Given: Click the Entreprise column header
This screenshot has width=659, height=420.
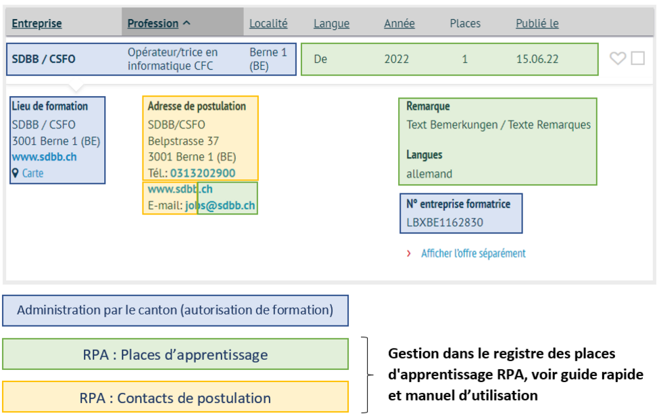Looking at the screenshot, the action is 36,24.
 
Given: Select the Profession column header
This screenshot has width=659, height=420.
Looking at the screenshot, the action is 153,24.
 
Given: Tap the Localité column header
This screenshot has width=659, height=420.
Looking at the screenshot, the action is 268,24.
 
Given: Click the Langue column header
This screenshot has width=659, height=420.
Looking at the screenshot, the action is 331,24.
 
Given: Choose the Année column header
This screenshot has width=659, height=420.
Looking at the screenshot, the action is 399,24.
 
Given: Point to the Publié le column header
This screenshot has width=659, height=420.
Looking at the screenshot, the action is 537,24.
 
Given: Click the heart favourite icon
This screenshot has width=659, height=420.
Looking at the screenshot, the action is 617,58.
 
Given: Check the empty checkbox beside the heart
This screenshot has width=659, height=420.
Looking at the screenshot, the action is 637,58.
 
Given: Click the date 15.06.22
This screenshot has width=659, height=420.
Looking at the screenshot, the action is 537,60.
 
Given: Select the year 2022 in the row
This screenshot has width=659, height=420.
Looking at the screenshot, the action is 396,60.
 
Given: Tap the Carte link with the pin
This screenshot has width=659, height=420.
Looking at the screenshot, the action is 28,173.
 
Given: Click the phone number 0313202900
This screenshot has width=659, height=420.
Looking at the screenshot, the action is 203,173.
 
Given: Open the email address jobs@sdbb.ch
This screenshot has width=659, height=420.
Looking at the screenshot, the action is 220,206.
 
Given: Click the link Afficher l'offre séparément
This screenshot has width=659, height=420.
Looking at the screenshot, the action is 473,254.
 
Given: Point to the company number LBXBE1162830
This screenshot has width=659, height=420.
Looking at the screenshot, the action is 445,223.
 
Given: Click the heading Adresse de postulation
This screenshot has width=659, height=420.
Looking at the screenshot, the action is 197,106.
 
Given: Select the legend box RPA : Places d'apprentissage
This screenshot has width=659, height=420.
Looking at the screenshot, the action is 175,354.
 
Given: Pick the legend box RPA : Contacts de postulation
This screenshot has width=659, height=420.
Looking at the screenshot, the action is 175,397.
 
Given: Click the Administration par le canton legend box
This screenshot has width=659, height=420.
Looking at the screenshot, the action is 175,310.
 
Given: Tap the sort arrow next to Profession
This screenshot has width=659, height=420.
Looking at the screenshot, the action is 187,23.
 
